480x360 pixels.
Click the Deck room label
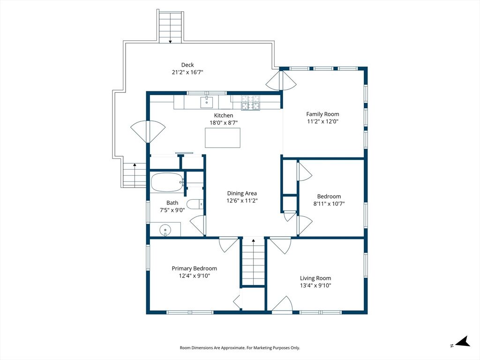(187, 65)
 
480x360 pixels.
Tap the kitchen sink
(207, 102)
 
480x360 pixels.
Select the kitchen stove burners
(251, 103)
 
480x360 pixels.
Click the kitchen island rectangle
(223, 138)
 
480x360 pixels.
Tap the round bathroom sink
(165, 229)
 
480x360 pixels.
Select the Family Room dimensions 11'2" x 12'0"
(322, 121)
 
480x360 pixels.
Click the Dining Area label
(242, 194)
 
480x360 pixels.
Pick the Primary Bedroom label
(195, 269)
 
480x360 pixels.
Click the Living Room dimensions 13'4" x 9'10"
(315, 285)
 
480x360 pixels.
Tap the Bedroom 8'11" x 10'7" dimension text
(329, 204)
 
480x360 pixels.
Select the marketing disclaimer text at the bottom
(240, 348)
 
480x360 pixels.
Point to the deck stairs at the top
(171, 27)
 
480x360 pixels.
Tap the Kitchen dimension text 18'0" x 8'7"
(224, 123)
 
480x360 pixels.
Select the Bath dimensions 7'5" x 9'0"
(172, 210)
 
